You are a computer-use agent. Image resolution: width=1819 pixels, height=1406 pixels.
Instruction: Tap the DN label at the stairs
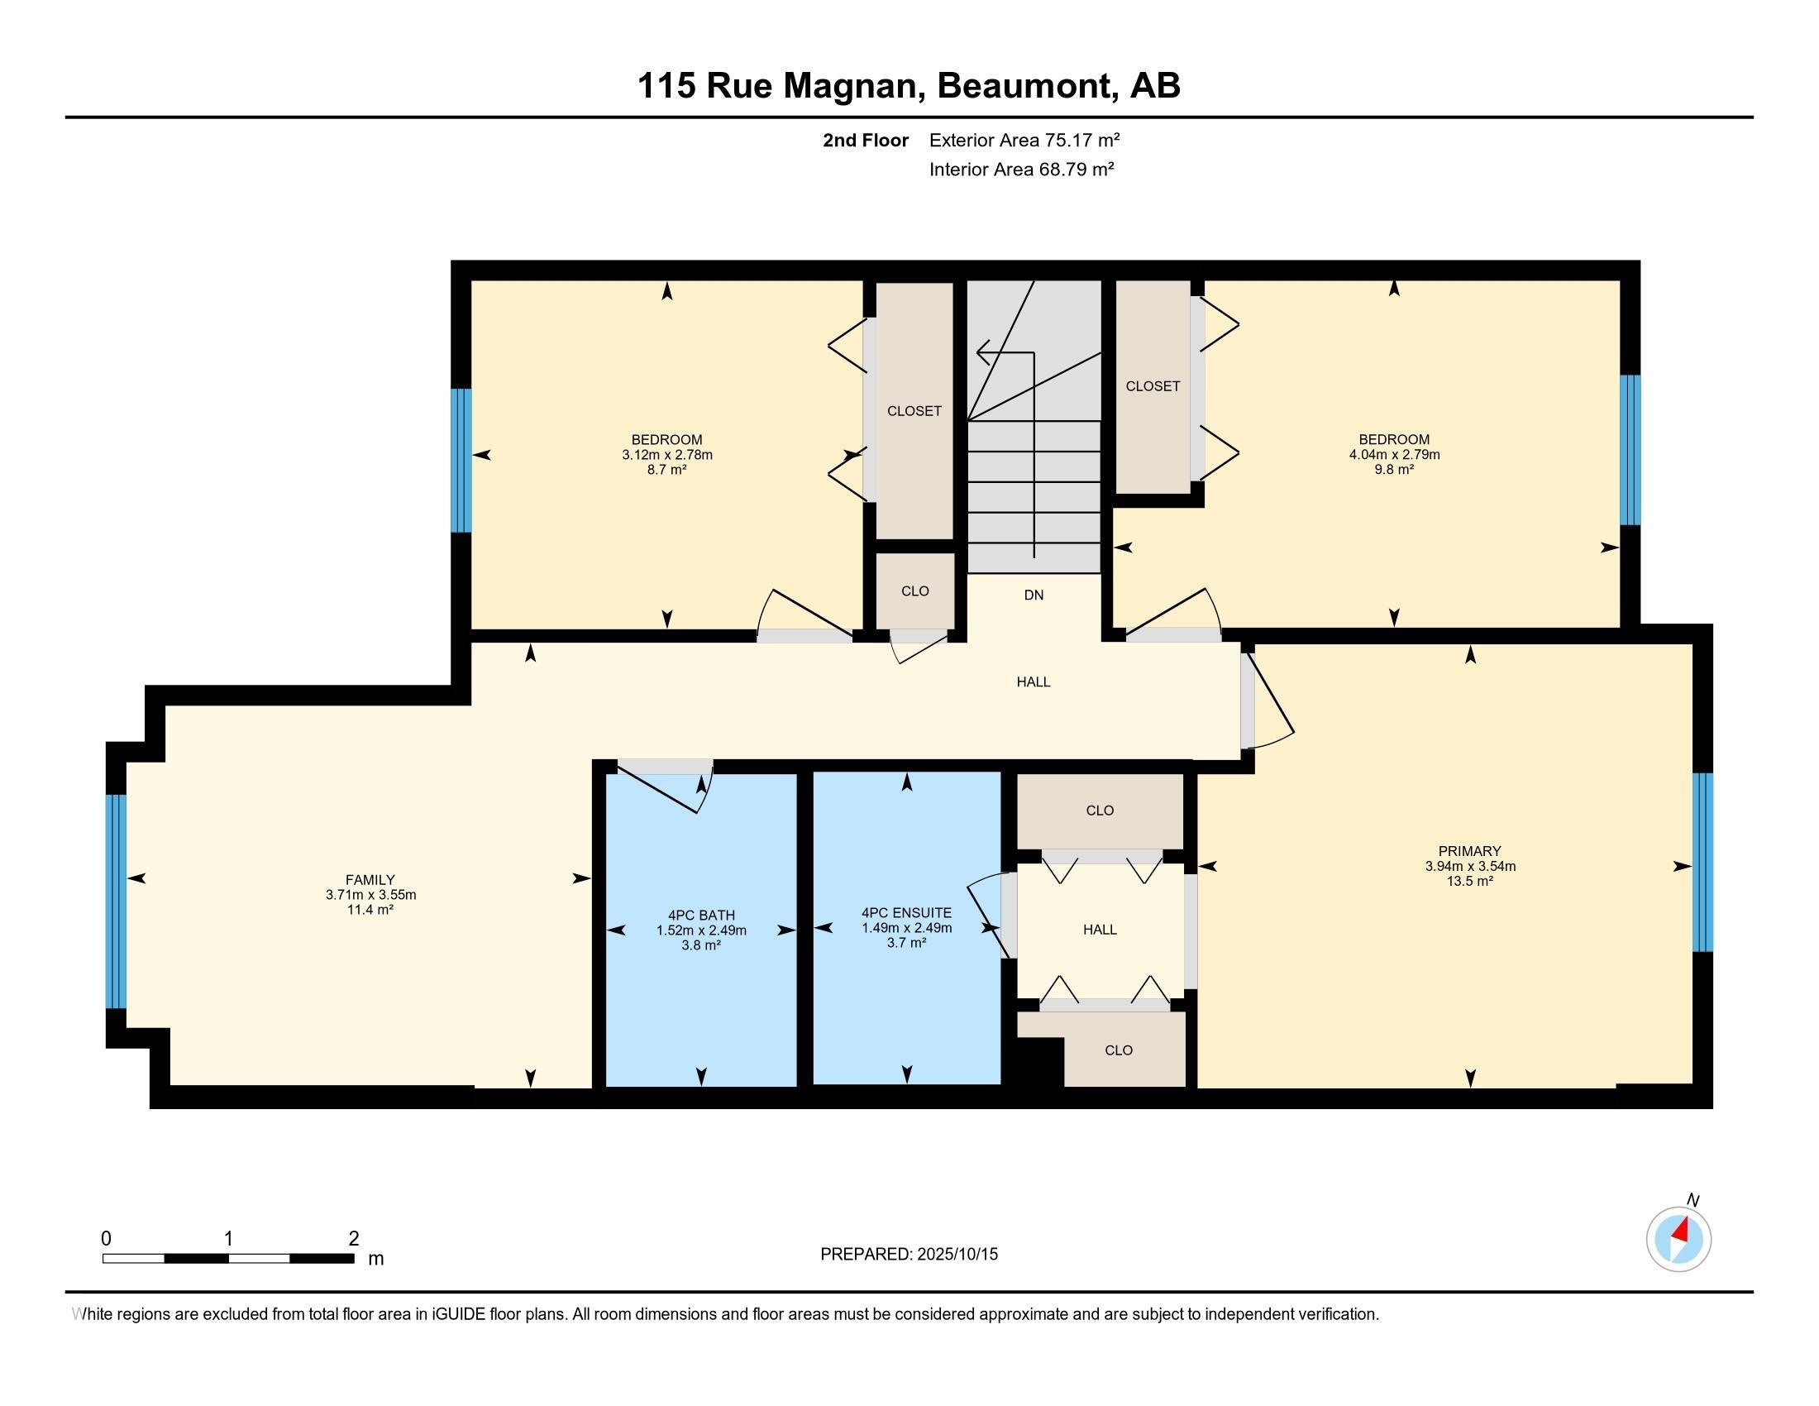(1034, 595)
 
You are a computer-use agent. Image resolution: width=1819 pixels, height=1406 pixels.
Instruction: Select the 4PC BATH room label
(701, 916)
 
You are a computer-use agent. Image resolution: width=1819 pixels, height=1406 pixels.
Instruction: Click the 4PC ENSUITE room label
(906, 913)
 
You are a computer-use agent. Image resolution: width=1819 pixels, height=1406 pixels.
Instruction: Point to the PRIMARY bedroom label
(1470, 851)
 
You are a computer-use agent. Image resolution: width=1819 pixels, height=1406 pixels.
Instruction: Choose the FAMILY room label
(370, 880)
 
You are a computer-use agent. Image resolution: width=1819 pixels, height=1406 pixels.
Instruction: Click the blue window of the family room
(117, 902)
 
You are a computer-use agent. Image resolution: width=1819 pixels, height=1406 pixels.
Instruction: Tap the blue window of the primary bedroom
(1703, 862)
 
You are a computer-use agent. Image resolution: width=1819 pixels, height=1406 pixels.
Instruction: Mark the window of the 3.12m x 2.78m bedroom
(461, 461)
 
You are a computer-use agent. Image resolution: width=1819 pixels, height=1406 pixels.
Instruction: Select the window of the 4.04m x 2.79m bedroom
(1630, 450)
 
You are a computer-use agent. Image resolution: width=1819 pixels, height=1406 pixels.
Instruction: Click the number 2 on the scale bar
(354, 1239)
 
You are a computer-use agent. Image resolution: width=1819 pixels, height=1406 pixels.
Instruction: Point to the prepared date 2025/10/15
(955, 1255)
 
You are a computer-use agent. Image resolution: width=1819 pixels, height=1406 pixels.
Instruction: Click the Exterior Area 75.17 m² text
(1024, 140)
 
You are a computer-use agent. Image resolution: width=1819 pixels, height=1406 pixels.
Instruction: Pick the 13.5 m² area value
(1470, 882)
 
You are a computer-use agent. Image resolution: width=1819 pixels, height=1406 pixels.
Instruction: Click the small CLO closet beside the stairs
(915, 591)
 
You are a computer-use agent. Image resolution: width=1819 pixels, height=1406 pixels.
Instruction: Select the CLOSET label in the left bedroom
(914, 412)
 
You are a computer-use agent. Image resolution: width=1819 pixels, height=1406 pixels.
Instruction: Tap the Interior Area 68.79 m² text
(1022, 170)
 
